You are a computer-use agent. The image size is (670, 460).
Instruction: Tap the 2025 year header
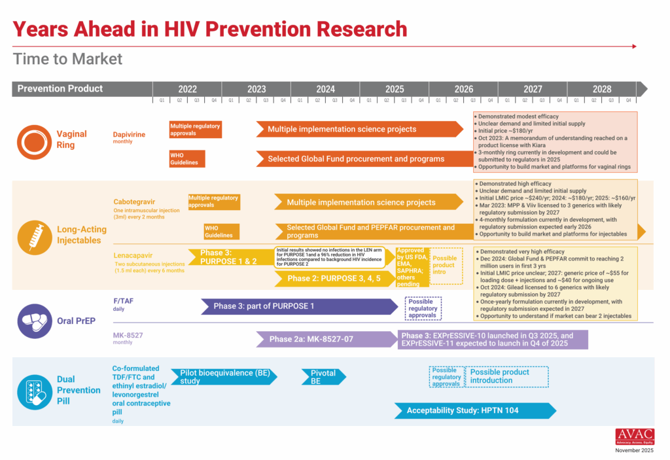point(395,89)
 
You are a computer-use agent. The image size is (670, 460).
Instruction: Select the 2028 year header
point(602,89)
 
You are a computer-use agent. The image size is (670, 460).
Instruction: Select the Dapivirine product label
point(129,134)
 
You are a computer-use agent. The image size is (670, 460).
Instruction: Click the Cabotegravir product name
point(134,202)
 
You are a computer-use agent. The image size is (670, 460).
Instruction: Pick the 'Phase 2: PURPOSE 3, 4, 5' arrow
point(330,279)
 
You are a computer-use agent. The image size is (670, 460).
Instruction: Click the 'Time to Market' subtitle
point(67,59)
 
